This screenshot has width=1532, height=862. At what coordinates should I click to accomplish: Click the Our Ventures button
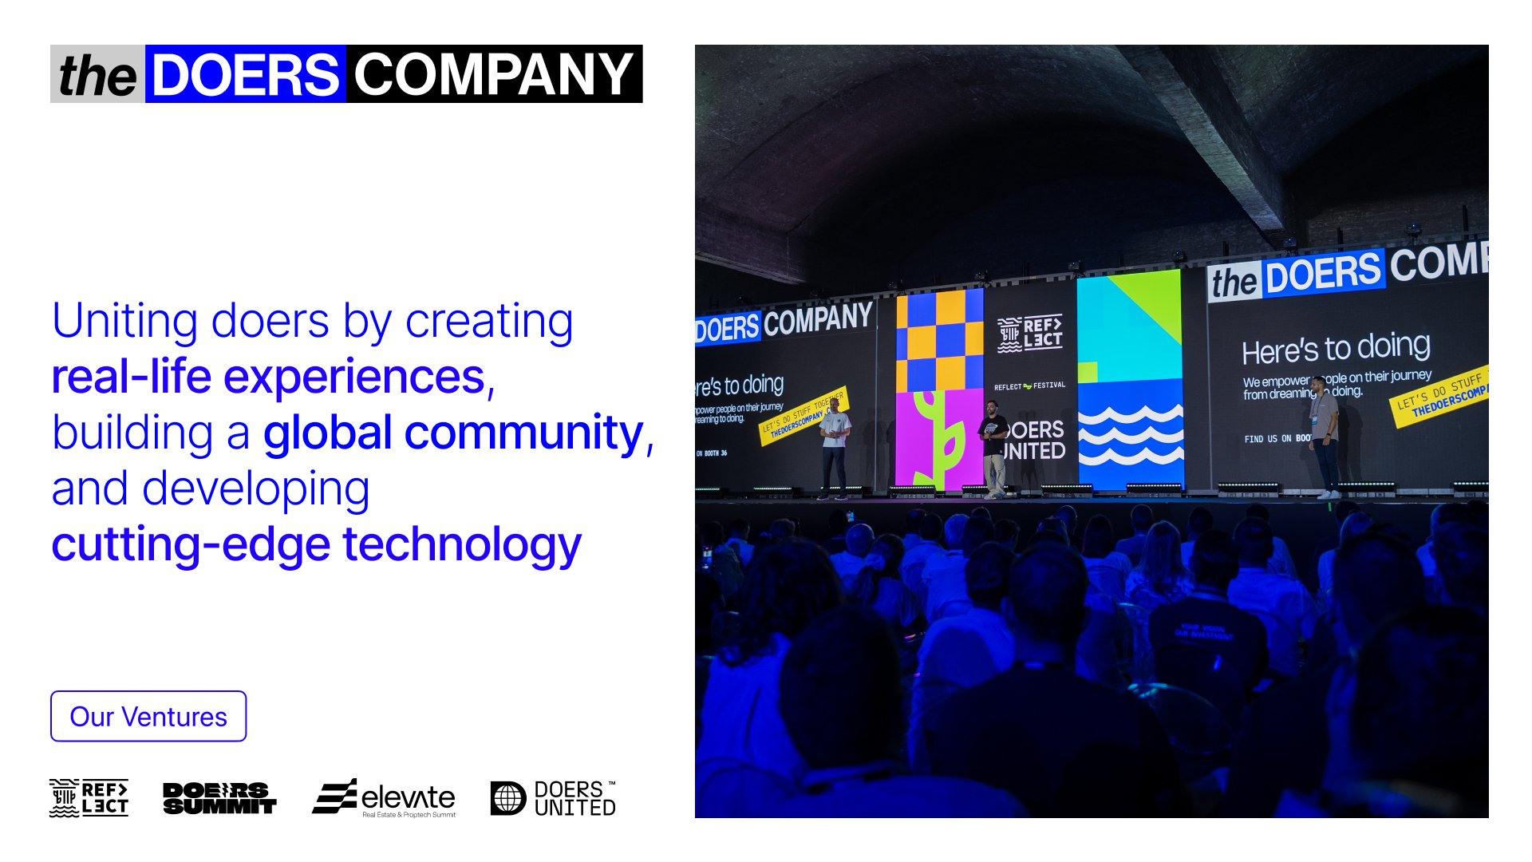pos(148,716)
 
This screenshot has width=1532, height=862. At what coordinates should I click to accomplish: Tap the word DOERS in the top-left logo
pos(245,74)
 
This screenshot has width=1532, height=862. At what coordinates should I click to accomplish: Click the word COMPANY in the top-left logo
pos(493,74)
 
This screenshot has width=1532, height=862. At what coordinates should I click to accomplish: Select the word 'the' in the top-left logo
pos(97,76)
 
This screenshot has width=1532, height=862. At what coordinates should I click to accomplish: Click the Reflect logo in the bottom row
pos(89,797)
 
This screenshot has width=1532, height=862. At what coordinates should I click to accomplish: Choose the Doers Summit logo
pos(219,797)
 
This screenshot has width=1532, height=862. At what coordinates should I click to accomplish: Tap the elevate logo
pos(385,797)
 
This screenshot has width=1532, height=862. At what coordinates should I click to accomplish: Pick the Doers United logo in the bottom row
pos(553,797)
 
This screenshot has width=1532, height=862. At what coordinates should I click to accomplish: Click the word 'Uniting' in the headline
pos(125,321)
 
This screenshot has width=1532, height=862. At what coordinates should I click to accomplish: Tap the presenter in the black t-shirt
pos(993,447)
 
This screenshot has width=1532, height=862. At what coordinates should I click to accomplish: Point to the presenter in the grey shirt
pos(1325,435)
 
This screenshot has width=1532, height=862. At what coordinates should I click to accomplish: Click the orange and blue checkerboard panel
pos(939,340)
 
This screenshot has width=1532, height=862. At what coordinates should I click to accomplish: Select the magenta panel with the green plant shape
pos(938,439)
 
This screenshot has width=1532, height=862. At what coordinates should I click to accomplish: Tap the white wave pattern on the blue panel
pos(1130,435)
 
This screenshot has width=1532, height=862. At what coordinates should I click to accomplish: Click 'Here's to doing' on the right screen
pos(1336,348)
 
